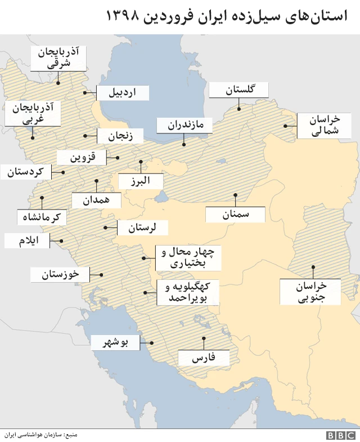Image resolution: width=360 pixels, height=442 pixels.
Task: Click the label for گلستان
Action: click(x=238, y=90)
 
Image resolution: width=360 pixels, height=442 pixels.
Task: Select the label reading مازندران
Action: click(x=184, y=125)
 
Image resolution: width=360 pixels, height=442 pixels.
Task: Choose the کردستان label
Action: click(x=26, y=172)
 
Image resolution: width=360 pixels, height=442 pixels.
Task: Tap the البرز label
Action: click(x=141, y=181)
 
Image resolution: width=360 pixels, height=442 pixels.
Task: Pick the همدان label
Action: click(x=96, y=200)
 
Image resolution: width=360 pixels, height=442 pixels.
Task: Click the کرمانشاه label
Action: click(x=42, y=217)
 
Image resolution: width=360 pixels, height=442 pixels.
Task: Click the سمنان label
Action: click(x=235, y=215)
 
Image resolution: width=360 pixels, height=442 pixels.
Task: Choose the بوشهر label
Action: click(x=115, y=342)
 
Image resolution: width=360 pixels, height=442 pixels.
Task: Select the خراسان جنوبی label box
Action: click(x=310, y=292)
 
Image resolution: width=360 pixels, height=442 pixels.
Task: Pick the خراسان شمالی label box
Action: click(x=325, y=126)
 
